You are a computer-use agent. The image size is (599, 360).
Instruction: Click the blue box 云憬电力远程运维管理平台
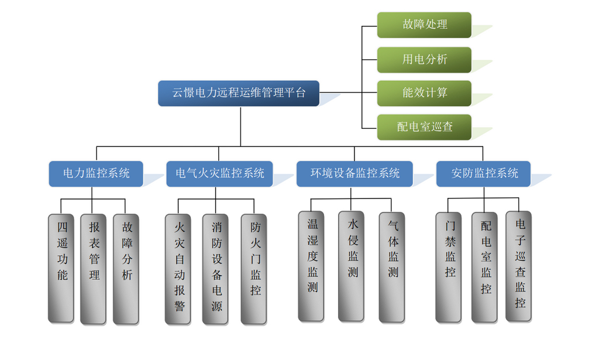(239, 93)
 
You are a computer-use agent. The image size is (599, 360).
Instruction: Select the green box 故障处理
(424, 25)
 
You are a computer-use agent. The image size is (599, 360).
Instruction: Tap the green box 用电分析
(424, 59)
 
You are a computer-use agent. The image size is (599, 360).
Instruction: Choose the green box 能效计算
(424, 93)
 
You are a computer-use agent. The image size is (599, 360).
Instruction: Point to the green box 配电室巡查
(424, 127)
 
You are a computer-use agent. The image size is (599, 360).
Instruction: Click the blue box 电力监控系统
(96, 173)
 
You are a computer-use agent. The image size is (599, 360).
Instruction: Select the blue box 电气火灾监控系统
(219, 173)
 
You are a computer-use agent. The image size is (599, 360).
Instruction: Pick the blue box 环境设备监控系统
(354, 173)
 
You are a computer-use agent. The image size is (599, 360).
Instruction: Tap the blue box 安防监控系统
(484, 173)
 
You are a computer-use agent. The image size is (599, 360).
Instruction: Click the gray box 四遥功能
(61, 268)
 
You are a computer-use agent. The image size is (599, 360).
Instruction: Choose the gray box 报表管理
(94, 268)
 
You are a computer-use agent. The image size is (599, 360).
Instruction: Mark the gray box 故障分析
(126, 268)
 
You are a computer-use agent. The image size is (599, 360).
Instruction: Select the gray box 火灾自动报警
(178, 269)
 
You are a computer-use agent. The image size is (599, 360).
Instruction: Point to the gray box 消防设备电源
(216, 269)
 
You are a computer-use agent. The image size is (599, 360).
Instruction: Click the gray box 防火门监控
(254, 269)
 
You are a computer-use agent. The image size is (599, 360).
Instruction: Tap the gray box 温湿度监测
(311, 266)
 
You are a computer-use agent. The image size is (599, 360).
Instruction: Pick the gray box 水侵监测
(352, 266)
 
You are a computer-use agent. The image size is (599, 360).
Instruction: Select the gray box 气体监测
(392, 266)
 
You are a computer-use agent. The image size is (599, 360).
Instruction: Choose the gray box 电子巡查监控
(519, 266)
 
